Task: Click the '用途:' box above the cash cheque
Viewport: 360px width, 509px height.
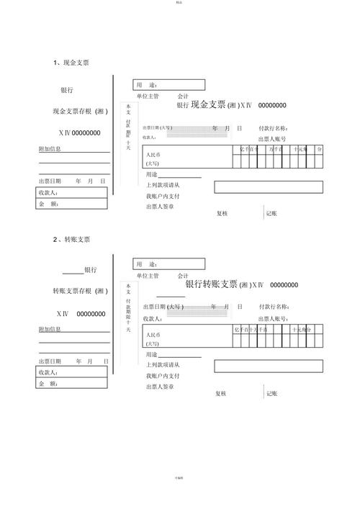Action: coord(168,84)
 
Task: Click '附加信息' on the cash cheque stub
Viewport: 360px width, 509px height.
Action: coord(50,149)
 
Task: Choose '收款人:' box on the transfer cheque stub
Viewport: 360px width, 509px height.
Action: coord(73,372)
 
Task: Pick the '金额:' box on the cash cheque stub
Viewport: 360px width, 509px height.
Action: coord(73,204)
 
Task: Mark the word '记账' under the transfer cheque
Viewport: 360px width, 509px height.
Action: coord(272,393)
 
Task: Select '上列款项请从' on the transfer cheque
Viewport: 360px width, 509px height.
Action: coord(163,365)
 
